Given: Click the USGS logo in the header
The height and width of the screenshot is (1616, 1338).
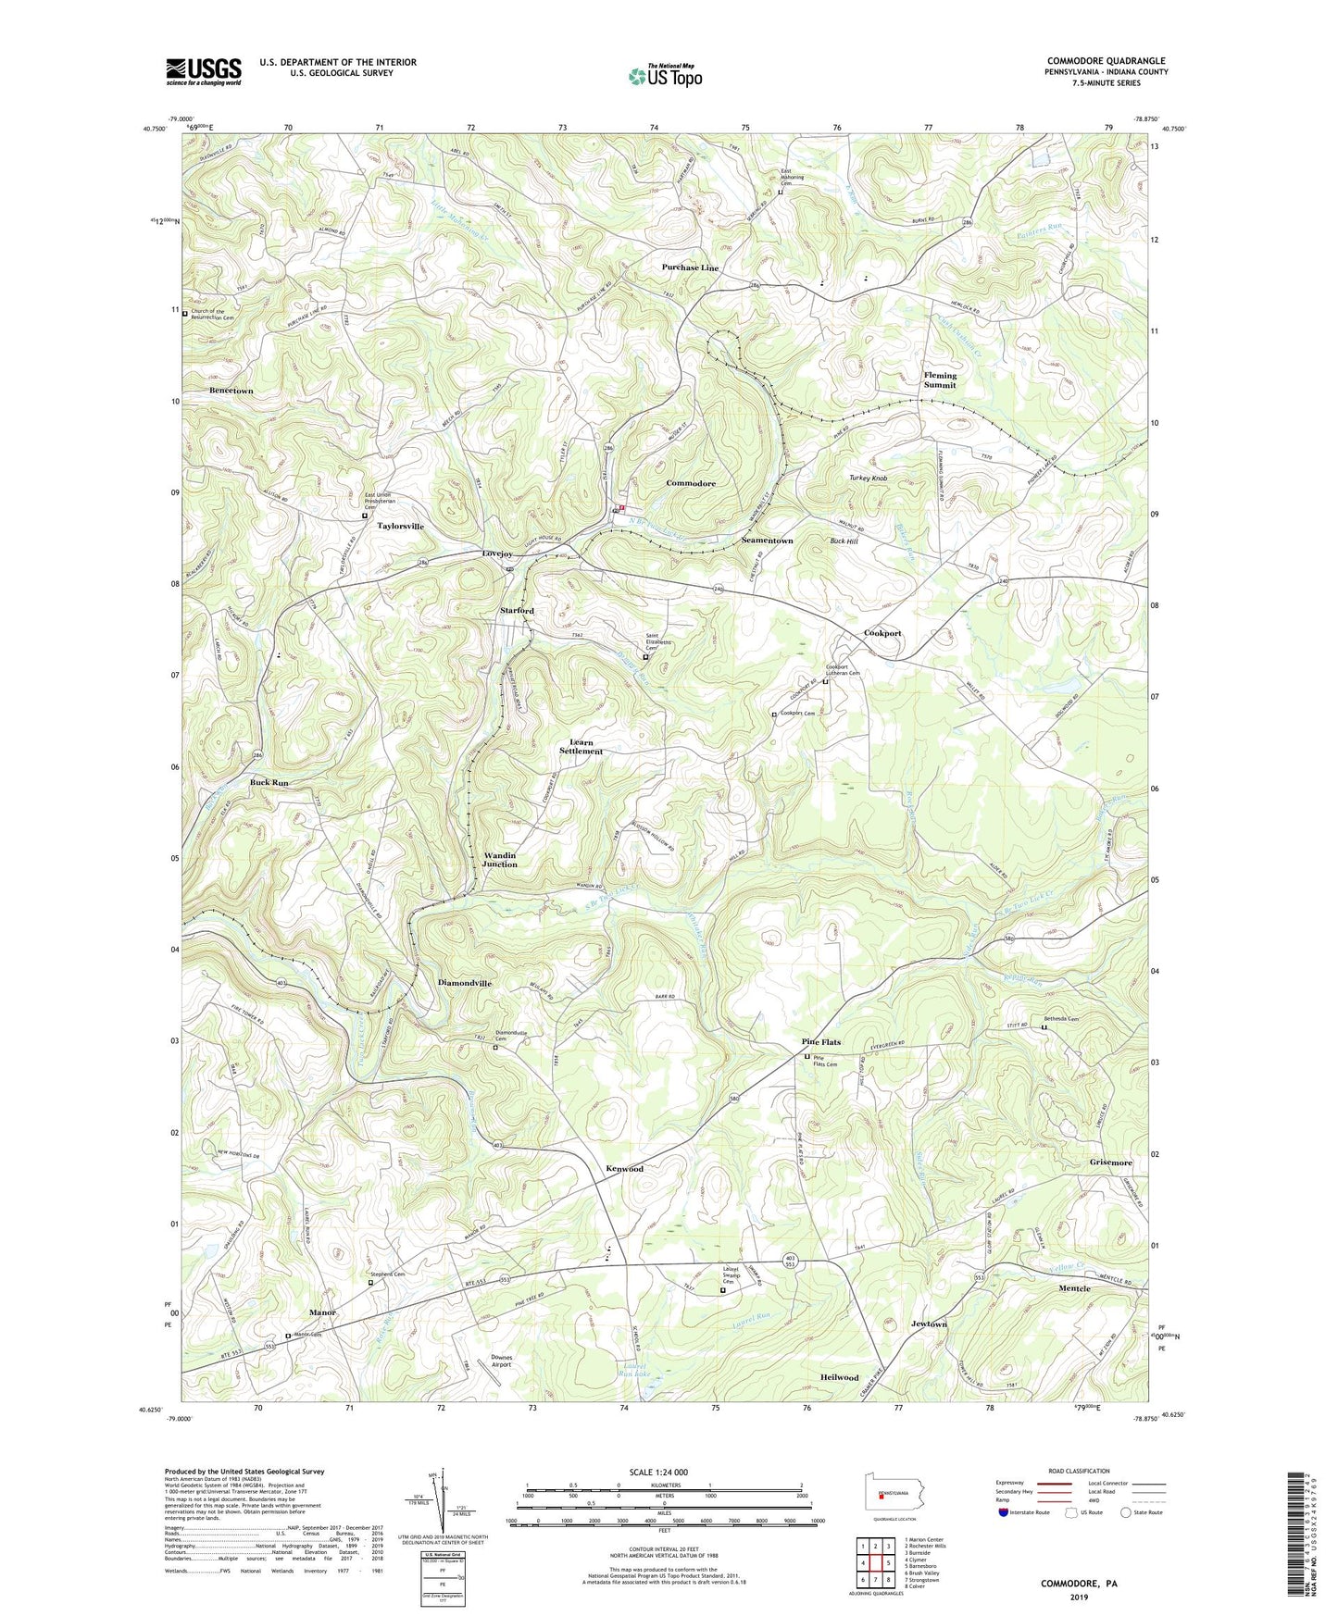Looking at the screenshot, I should [204, 70].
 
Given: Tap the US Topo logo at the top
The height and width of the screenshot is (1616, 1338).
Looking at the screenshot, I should [664, 76].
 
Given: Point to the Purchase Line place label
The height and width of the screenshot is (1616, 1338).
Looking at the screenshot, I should [690, 267].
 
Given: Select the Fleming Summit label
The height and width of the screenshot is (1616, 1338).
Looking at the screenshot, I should [940, 380].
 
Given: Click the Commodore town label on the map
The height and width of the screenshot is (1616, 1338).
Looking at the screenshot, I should [691, 483].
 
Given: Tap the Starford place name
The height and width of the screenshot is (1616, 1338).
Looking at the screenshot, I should [517, 611].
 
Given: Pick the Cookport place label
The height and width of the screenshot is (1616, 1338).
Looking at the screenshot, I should [882, 633].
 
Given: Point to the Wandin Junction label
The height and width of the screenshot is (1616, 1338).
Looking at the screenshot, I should [500, 859].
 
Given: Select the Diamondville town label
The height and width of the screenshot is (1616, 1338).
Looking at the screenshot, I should [464, 983].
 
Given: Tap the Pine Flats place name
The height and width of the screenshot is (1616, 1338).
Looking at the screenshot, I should [820, 1042].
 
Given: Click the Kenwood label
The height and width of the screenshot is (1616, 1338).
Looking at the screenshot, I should [625, 1169].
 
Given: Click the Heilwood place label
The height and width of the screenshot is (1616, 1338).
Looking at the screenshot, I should [839, 1377].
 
